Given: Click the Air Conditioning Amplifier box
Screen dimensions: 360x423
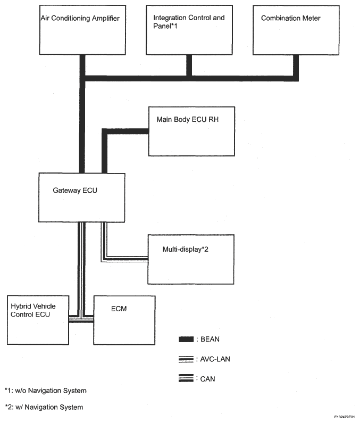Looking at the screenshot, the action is tap(82, 30).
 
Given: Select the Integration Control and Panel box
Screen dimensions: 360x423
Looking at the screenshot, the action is tap(189, 30).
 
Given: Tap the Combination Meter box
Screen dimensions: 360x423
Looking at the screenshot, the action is tap(296, 30).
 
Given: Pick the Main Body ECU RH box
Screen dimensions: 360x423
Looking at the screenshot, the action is tap(192, 131).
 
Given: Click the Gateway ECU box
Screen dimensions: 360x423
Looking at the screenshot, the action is tap(82, 198).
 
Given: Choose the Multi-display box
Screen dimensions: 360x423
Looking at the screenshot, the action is tap(191, 259).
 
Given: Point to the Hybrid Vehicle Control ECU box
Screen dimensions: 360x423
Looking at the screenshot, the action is tap(38, 320).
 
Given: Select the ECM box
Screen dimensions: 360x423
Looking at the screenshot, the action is tap(124, 320).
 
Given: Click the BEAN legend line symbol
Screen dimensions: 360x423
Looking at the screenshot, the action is tap(186, 339).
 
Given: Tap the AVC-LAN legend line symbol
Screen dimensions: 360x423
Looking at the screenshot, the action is tap(186, 359).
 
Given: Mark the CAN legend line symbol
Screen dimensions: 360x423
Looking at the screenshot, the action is tap(186, 378).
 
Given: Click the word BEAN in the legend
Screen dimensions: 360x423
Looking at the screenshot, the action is tap(210, 339).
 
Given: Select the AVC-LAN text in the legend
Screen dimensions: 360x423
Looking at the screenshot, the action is tap(215, 359).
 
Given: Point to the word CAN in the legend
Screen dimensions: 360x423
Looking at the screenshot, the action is tap(207, 379).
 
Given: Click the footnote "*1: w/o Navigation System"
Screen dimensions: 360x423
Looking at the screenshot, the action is tap(46, 391).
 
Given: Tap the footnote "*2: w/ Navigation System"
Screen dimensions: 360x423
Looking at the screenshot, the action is tap(44, 407).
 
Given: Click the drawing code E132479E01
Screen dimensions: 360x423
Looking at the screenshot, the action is tap(345, 417).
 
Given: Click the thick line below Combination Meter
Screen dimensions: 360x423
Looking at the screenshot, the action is tap(296, 68).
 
